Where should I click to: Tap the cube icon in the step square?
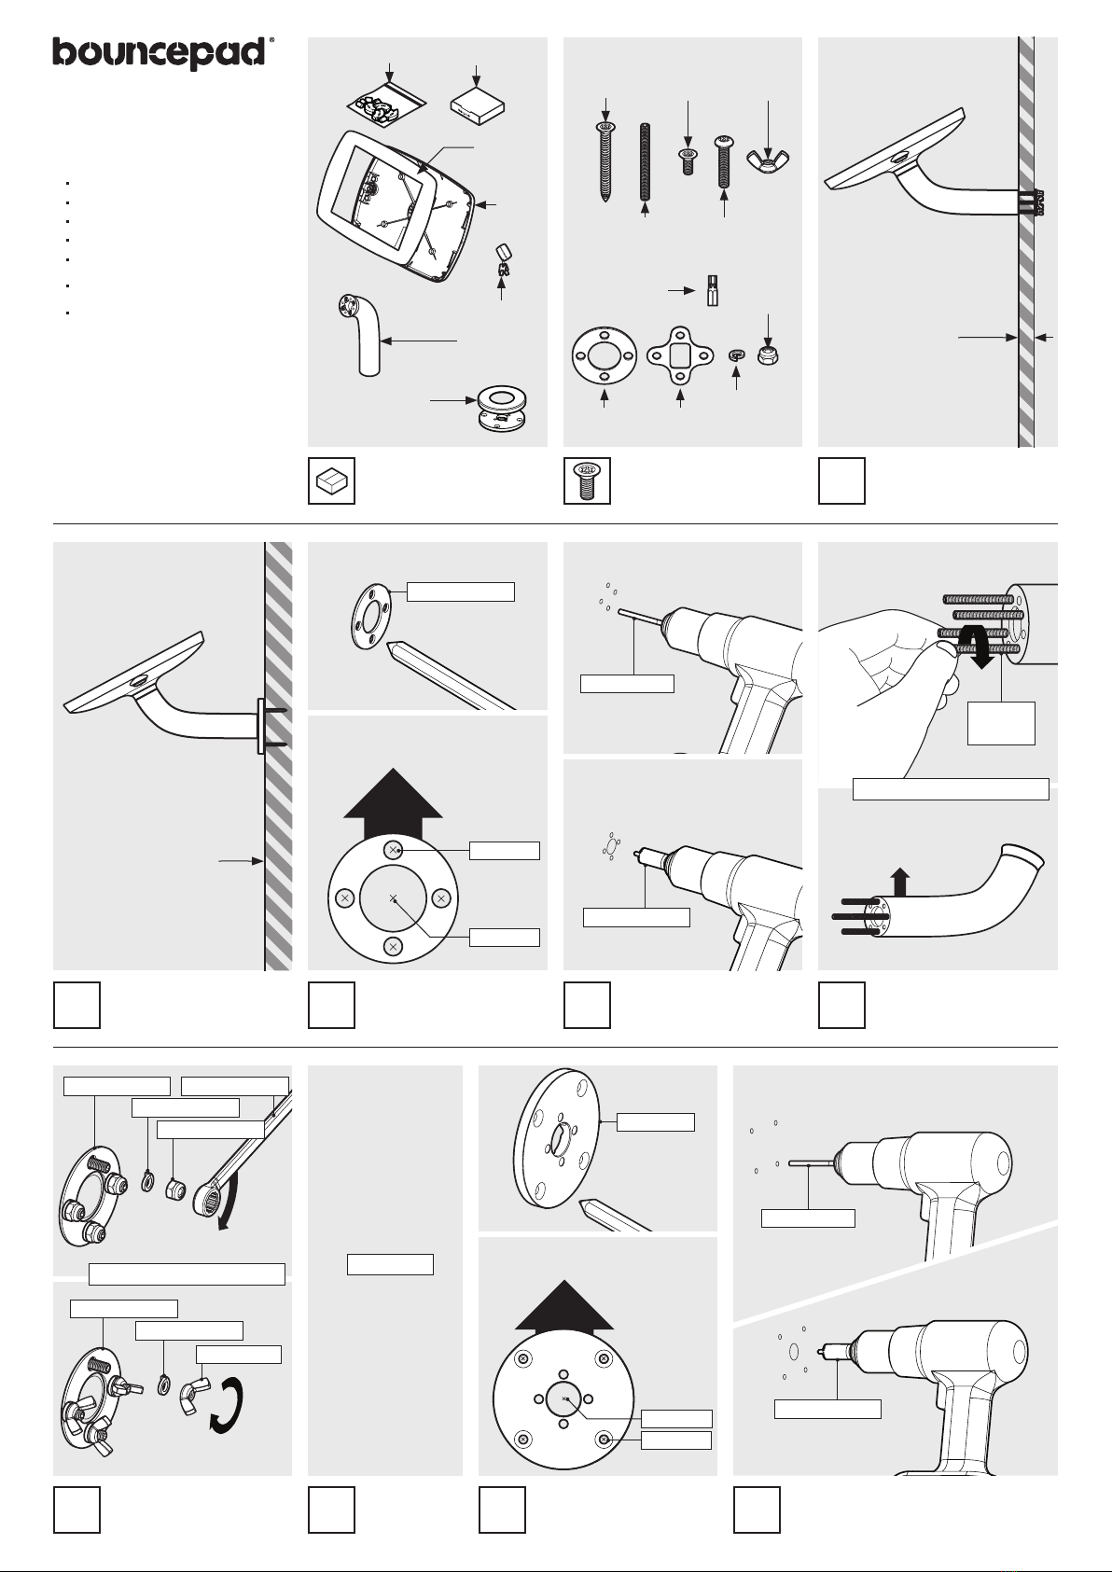[331, 481]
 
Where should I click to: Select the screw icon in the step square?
[587, 480]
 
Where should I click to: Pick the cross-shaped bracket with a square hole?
[680, 355]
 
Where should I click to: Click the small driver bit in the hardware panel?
[712, 290]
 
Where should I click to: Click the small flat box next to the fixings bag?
[477, 106]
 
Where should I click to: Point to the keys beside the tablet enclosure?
[501, 260]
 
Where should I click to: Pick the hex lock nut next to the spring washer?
[769, 354]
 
